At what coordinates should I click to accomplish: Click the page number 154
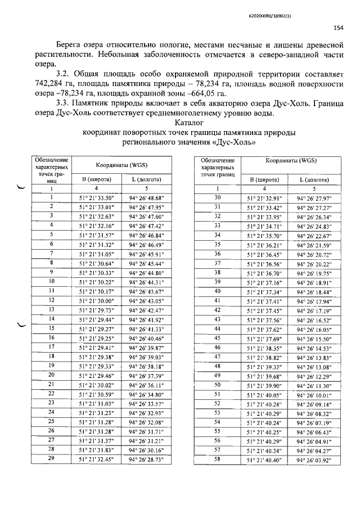pyautogui.click(x=339, y=27)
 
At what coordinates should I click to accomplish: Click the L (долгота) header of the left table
pyautogui.click(x=146, y=179)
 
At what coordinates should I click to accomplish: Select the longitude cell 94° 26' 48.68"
pyautogui.click(x=146, y=198)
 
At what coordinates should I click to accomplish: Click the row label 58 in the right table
pyautogui.click(x=218, y=458)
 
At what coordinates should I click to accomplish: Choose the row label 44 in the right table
pyautogui.click(x=218, y=328)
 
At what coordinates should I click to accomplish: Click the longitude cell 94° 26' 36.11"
pyautogui.click(x=146, y=385)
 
